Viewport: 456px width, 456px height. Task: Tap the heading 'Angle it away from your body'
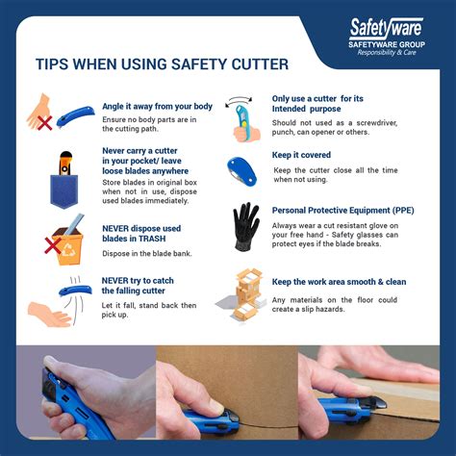click(157, 106)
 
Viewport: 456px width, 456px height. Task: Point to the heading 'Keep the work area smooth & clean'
click(352, 282)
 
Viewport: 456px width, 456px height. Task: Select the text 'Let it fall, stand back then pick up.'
click(150, 310)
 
